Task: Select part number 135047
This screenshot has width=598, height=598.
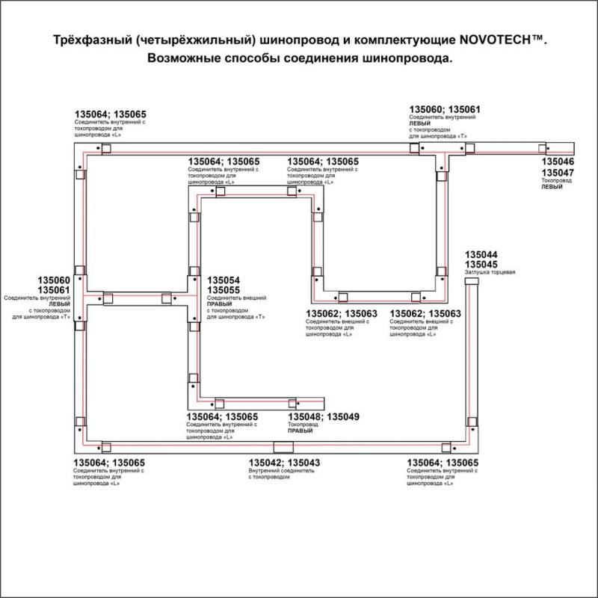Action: pos(558,173)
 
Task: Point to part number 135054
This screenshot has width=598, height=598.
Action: pos(224,280)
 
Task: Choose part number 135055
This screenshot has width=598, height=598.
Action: pos(224,290)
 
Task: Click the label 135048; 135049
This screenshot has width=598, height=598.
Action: pos(324,416)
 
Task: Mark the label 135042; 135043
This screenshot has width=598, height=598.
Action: pos(284,463)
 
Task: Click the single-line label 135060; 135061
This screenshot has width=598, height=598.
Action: pos(444,109)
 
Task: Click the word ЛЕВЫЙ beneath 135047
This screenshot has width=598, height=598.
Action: pos(552,188)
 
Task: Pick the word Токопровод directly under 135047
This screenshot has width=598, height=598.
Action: pos(556,181)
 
